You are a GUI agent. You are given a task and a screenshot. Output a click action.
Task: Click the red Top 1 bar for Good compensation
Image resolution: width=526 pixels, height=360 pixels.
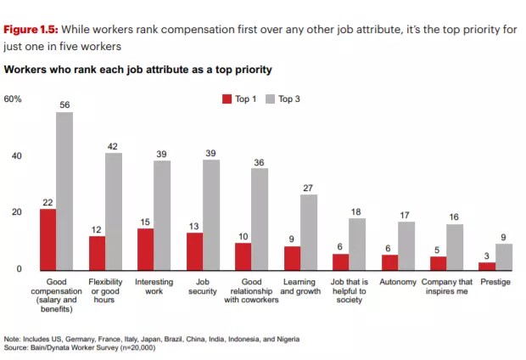(x=48, y=239)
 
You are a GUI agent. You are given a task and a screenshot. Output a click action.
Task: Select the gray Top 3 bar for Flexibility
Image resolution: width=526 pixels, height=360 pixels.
(x=114, y=211)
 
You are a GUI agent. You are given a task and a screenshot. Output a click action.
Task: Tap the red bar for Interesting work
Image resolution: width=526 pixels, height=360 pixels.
(x=146, y=248)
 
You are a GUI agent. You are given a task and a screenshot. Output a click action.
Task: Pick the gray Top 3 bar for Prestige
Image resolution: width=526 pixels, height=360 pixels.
(x=504, y=256)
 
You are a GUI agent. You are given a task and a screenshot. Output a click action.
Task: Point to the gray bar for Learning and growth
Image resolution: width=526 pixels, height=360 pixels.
(x=309, y=232)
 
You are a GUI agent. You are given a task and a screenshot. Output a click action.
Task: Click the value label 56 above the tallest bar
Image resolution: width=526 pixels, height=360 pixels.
(x=64, y=104)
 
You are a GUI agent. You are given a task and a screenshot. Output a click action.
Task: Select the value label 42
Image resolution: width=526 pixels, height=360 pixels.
(x=114, y=146)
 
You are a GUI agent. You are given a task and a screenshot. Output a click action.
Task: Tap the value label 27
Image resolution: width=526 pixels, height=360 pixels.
(x=309, y=188)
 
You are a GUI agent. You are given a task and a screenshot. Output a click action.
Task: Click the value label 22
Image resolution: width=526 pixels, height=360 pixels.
(x=48, y=201)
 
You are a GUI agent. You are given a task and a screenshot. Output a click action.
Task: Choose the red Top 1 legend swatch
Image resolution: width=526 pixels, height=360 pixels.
(x=227, y=99)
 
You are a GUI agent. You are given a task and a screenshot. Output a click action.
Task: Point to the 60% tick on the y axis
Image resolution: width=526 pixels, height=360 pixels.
(x=13, y=99)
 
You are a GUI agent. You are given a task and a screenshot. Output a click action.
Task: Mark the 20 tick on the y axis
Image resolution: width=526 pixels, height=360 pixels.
(x=17, y=212)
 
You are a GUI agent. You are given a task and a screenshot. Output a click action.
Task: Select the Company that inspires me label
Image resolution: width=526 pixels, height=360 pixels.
(x=446, y=286)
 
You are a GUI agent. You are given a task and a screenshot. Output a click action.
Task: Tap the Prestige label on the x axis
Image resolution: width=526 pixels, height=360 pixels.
(x=495, y=281)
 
